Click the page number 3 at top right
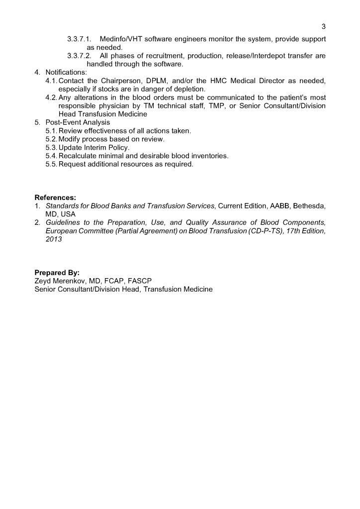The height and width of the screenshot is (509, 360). point(324,26)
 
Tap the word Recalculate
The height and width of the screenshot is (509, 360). point(78,156)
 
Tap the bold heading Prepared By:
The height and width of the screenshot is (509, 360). point(57,273)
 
